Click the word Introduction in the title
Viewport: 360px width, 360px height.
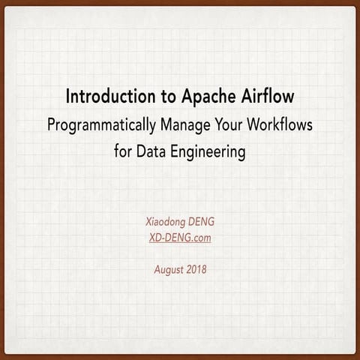[x=110, y=96]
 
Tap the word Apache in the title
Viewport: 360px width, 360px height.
[x=208, y=97]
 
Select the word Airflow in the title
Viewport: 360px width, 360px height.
[x=268, y=96]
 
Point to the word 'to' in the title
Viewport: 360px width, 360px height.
[x=169, y=97]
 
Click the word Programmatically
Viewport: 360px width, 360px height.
[x=101, y=125]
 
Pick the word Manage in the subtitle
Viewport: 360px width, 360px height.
[x=185, y=125]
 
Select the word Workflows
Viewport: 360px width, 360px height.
[x=280, y=124]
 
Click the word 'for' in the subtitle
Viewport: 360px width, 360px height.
[x=122, y=151]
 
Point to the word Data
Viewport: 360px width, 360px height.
[x=151, y=151]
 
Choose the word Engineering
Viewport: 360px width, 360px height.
[x=208, y=152]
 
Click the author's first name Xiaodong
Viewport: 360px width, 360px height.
[x=166, y=222]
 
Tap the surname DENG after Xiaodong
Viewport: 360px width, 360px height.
[x=201, y=222]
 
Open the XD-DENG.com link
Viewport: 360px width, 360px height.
[x=180, y=238]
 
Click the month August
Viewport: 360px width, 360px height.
[x=169, y=270]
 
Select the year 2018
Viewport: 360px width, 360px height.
[x=196, y=269]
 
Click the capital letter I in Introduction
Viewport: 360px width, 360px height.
[x=67, y=97]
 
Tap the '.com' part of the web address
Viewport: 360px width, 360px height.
[x=202, y=238]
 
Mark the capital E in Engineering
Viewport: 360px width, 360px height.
[x=174, y=151]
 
